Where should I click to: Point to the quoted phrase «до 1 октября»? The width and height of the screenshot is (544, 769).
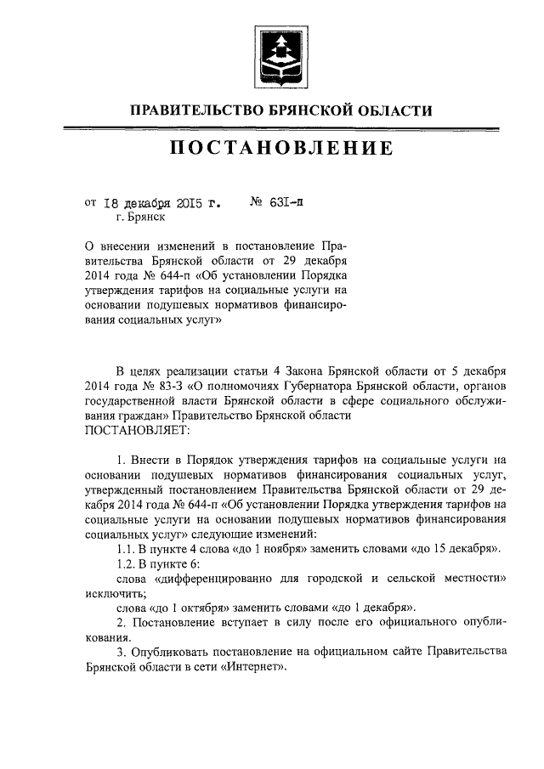coord(189,608)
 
